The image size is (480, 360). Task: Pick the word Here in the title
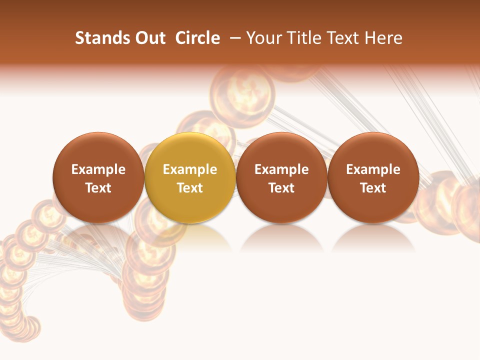tap(383, 38)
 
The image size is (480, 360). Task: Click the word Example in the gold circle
tap(190, 169)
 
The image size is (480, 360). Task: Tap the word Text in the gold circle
tap(190, 188)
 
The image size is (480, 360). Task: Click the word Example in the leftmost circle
tap(98, 169)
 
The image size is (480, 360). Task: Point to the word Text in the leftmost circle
tap(98, 188)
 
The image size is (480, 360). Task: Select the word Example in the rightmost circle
tap(373, 169)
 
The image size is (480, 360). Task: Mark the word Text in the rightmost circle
tap(373, 188)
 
